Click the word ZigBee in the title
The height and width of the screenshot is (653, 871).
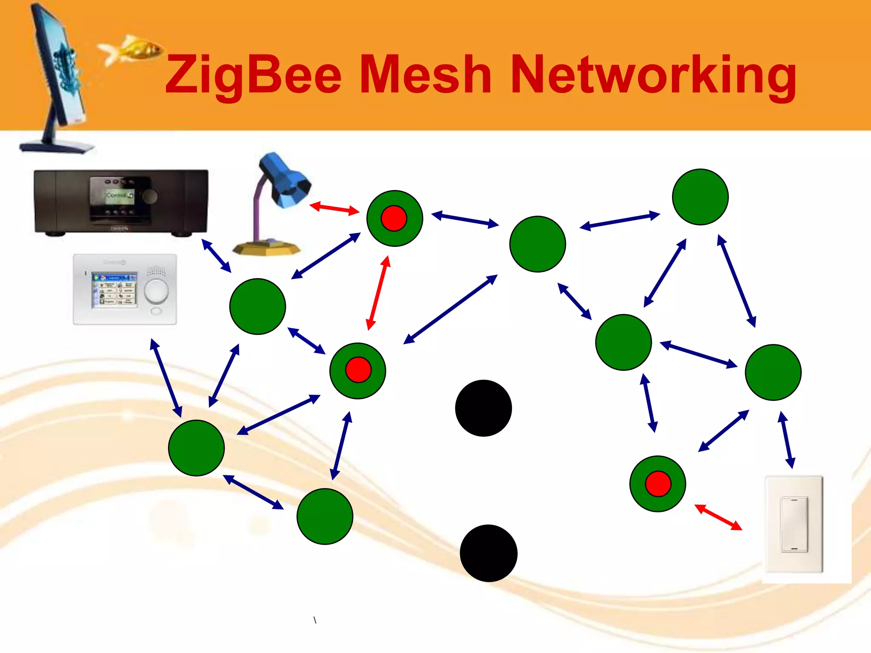click(253, 76)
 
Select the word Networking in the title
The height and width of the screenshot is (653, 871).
click(653, 76)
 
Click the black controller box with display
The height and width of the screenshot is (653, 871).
click(121, 202)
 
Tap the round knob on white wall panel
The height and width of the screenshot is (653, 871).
click(156, 291)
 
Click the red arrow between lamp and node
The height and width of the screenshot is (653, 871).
click(334, 208)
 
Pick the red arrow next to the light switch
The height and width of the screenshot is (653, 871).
click(718, 517)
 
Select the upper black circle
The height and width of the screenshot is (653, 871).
click(483, 408)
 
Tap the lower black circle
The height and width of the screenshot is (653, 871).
click(488, 553)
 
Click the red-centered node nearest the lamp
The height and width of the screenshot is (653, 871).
click(394, 218)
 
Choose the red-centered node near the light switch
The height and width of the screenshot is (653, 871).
click(658, 484)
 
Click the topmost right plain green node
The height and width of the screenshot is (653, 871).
click(700, 197)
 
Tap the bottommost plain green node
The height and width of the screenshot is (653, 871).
click(324, 516)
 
